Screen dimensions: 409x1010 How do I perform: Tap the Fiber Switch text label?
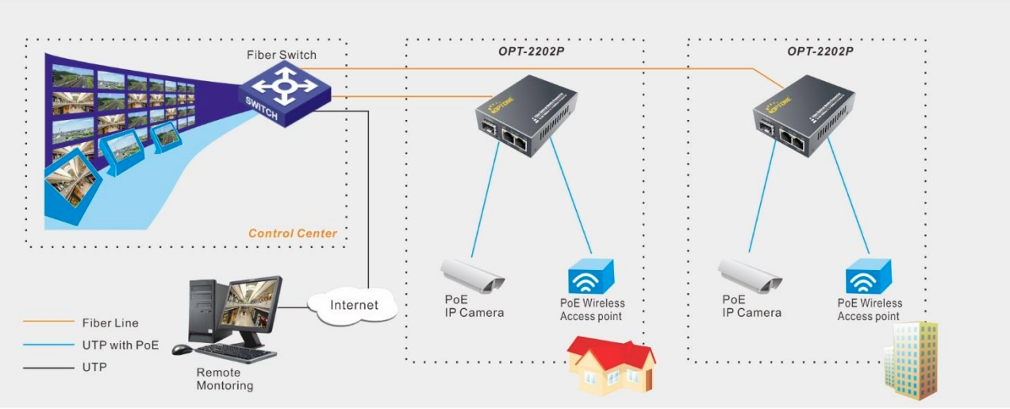[281, 55]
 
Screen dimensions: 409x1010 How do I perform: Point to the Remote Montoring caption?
[225, 379]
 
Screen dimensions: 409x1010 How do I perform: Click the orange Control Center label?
[292, 233]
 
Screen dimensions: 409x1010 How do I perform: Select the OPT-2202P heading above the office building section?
[820, 51]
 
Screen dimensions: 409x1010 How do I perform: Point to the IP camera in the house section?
[473, 274]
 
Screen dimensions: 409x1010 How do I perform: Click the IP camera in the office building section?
[751, 274]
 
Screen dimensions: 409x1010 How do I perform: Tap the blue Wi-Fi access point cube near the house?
[592, 276]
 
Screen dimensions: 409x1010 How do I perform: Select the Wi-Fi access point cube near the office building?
[870, 276]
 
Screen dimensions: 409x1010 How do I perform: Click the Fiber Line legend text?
[110, 323]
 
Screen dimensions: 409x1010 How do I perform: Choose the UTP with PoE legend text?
[121, 345]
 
